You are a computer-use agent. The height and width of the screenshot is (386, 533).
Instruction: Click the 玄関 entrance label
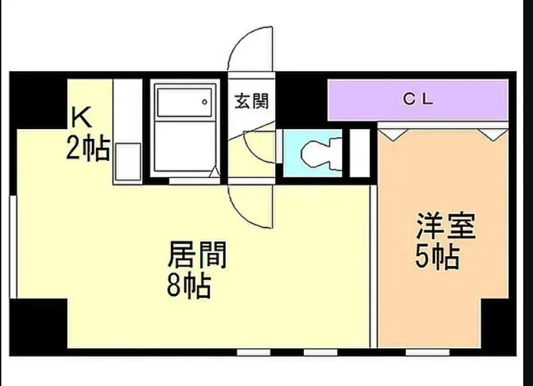[x=252, y=101]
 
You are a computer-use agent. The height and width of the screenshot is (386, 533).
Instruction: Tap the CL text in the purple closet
[x=418, y=99]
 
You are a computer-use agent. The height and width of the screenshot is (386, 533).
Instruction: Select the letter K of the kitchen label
[x=82, y=117]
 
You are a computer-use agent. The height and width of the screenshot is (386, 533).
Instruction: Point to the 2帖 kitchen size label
[x=87, y=148]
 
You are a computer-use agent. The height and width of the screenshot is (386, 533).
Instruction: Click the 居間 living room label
[x=197, y=255]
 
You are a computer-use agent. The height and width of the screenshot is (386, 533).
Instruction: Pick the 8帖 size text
[x=189, y=286]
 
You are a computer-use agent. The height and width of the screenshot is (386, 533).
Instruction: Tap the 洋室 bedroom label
[x=446, y=226]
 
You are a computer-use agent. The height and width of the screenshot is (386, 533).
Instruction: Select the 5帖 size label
[x=438, y=257]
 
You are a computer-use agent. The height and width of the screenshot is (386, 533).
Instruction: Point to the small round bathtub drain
[x=205, y=102]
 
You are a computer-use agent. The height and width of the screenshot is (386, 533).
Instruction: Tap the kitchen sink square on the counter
[x=128, y=162]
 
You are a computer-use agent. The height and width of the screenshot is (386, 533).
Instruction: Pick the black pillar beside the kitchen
[x=38, y=101]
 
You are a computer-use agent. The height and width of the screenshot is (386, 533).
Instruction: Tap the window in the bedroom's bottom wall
[x=427, y=352]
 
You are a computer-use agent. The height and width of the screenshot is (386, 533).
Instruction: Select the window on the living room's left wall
[x=13, y=247]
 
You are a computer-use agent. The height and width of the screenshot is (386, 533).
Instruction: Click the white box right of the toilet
[x=359, y=154]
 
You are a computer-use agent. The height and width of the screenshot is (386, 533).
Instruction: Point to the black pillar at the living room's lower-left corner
[x=38, y=327]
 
